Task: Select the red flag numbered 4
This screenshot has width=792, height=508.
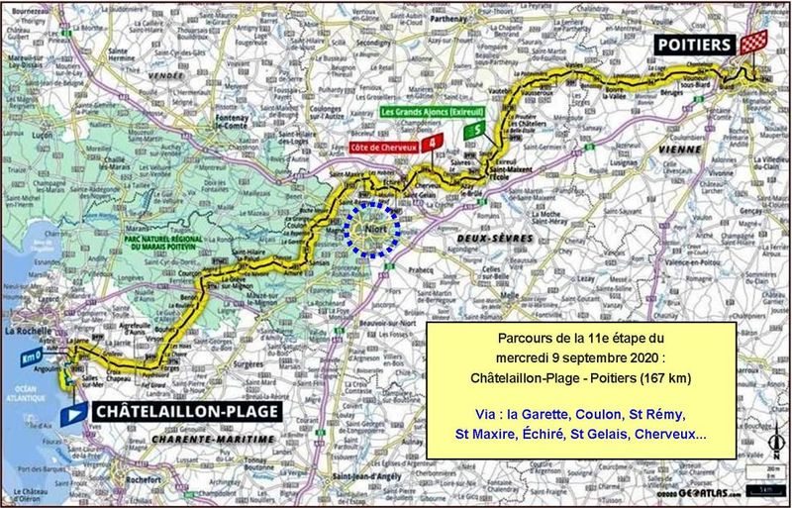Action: [430, 145]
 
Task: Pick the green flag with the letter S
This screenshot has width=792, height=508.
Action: [479, 128]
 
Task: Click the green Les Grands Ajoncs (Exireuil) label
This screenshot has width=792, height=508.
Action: [422, 113]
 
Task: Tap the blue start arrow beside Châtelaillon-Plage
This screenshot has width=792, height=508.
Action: [70, 411]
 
